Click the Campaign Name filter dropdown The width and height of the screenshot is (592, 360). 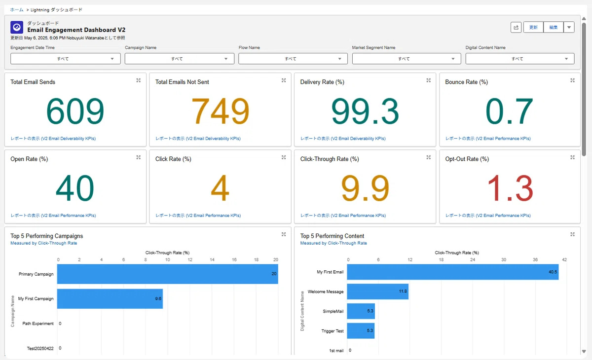[x=180, y=59]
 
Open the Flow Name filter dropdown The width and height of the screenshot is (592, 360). [x=293, y=59]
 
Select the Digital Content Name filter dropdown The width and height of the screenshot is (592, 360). [x=520, y=59]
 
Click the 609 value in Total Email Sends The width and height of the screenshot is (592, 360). [x=75, y=111]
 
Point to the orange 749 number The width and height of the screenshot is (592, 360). [x=220, y=111]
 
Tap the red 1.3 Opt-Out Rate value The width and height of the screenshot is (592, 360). [x=510, y=188]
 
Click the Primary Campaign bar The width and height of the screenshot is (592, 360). [x=168, y=274]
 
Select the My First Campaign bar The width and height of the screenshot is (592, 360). [x=110, y=298]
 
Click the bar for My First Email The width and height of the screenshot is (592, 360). [x=453, y=272]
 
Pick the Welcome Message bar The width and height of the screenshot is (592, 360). [x=378, y=291]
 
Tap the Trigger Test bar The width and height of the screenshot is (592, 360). [x=361, y=331]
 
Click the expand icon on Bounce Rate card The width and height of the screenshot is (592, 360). [x=572, y=80]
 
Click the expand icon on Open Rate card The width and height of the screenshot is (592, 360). [x=139, y=157]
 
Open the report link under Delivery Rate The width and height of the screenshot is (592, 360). [x=343, y=139]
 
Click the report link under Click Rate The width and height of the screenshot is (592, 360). [x=198, y=216]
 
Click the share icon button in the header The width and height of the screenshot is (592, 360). [x=516, y=27]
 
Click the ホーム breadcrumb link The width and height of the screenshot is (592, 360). [x=17, y=10]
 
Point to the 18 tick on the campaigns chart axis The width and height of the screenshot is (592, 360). [x=256, y=259]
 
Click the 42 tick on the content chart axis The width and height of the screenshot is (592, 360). [x=564, y=259]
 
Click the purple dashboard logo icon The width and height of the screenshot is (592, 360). [x=17, y=27]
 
